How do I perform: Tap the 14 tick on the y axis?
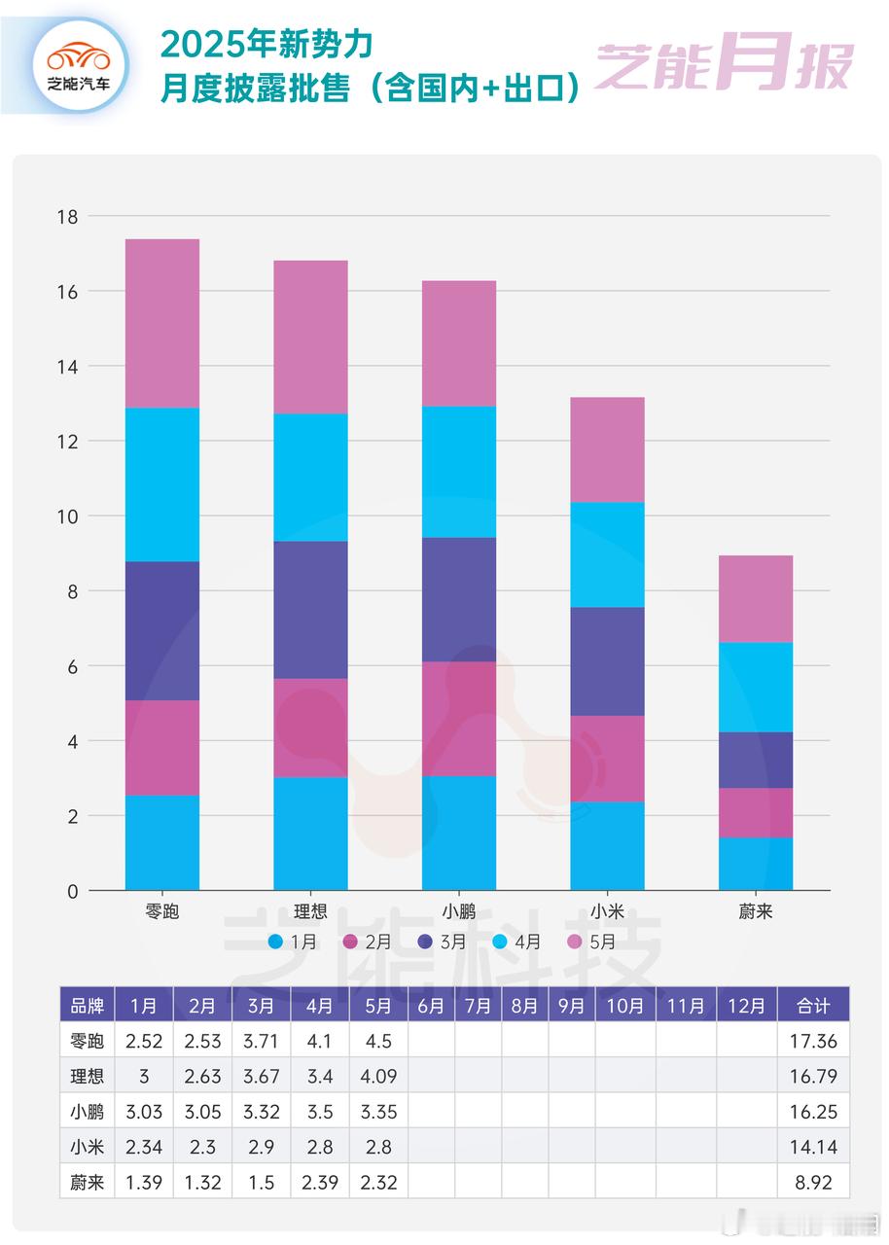tap(67, 366)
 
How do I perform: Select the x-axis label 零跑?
tap(161, 911)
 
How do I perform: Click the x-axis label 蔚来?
tap(756, 911)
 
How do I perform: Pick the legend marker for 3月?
tap(425, 942)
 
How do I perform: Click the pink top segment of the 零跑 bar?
tap(162, 323)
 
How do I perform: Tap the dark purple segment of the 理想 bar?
tap(310, 610)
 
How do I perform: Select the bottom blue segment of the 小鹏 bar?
tap(459, 833)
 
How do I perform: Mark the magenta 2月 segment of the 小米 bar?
tap(607, 759)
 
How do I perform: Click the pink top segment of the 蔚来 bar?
tap(756, 598)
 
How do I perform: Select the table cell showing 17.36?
tap(813, 1041)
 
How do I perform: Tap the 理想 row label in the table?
tap(86, 1076)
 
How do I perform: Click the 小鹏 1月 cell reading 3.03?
tap(144, 1111)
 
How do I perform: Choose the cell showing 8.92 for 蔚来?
tap(813, 1181)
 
